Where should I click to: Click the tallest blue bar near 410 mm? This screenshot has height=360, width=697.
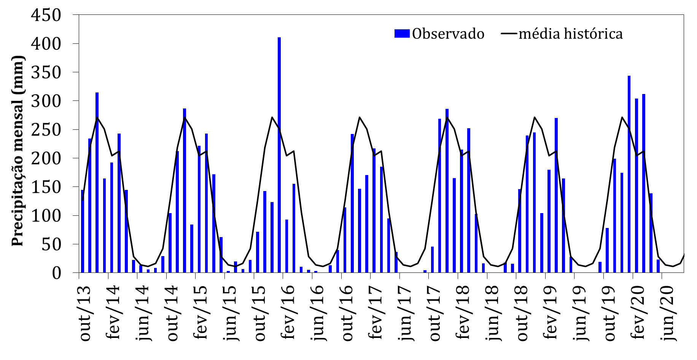[x=279, y=152]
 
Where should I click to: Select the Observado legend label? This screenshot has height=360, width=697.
[x=448, y=34]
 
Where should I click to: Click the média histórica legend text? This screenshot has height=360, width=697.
[x=571, y=34]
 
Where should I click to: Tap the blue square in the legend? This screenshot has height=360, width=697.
[x=402, y=33]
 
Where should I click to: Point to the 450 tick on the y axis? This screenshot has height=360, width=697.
[x=46, y=15]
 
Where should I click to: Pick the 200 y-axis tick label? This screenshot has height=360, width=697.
[x=46, y=158]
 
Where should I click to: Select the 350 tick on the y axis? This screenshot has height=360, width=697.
[x=46, y=72]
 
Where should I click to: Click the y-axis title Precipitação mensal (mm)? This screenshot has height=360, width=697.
[x=18, y=151]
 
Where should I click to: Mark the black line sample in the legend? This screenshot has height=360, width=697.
[x=509, y=34]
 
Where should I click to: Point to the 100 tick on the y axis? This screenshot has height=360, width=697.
[x=46, y=216]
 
